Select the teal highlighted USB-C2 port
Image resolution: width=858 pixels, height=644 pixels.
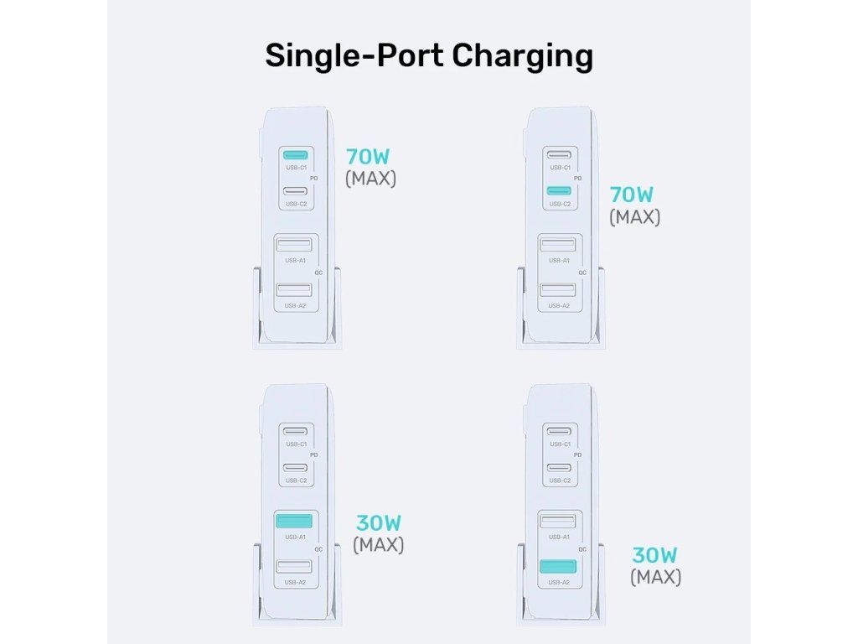(559, 191)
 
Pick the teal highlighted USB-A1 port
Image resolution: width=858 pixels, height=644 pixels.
(294, 520)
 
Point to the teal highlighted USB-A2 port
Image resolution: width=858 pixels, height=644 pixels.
(558, 567)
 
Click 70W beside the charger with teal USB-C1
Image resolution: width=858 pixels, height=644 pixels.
(368, 157)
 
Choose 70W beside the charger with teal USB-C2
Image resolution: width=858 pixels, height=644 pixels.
(632, 195)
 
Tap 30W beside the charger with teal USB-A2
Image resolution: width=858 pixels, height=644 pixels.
(654, 556)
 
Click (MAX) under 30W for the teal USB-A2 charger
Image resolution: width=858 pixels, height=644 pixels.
(655, 577)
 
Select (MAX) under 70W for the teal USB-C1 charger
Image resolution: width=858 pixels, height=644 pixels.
(370, 179)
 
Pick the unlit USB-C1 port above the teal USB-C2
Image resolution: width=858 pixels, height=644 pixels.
(559, 155)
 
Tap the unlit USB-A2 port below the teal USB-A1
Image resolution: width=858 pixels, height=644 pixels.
(294, 567)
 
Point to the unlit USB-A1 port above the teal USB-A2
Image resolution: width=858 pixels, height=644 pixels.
(558, 521)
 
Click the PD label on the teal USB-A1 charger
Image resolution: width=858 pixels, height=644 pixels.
(314, 454)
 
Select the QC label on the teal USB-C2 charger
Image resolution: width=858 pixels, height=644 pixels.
(581, 273)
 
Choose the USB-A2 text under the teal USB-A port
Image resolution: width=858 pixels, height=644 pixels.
(558, 582)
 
